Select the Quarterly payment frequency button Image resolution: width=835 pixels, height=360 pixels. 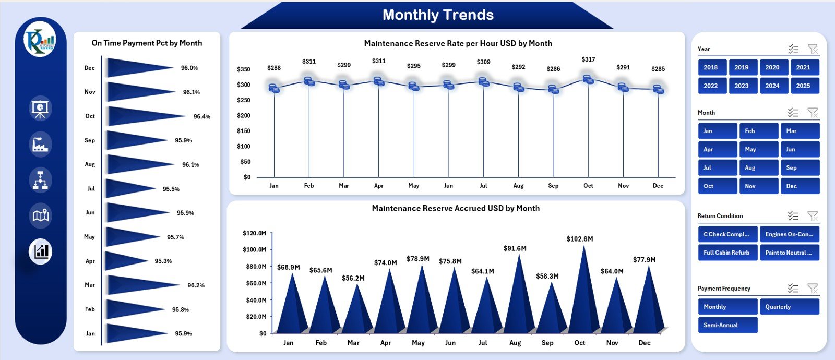[789, 307]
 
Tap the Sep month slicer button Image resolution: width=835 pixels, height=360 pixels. [800, 168]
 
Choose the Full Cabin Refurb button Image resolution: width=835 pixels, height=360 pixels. [727, 253]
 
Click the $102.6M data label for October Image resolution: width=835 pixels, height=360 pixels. [579, 239]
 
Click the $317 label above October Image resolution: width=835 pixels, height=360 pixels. [588, 59]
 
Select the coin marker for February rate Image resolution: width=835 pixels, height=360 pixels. [309, 81]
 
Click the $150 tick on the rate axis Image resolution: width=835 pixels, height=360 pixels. [243, 131]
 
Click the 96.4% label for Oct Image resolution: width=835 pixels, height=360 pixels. [201, 116]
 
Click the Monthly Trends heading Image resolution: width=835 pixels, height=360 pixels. [438, 15]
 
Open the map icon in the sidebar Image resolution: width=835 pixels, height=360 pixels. [41, 215]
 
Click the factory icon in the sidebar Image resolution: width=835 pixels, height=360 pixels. [41, 144]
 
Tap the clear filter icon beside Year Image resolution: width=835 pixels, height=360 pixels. [813, 49]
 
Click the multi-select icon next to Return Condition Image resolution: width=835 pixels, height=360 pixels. [793, 216]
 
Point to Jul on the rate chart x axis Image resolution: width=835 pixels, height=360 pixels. [483, 186]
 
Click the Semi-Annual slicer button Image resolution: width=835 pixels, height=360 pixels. [727, 325]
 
